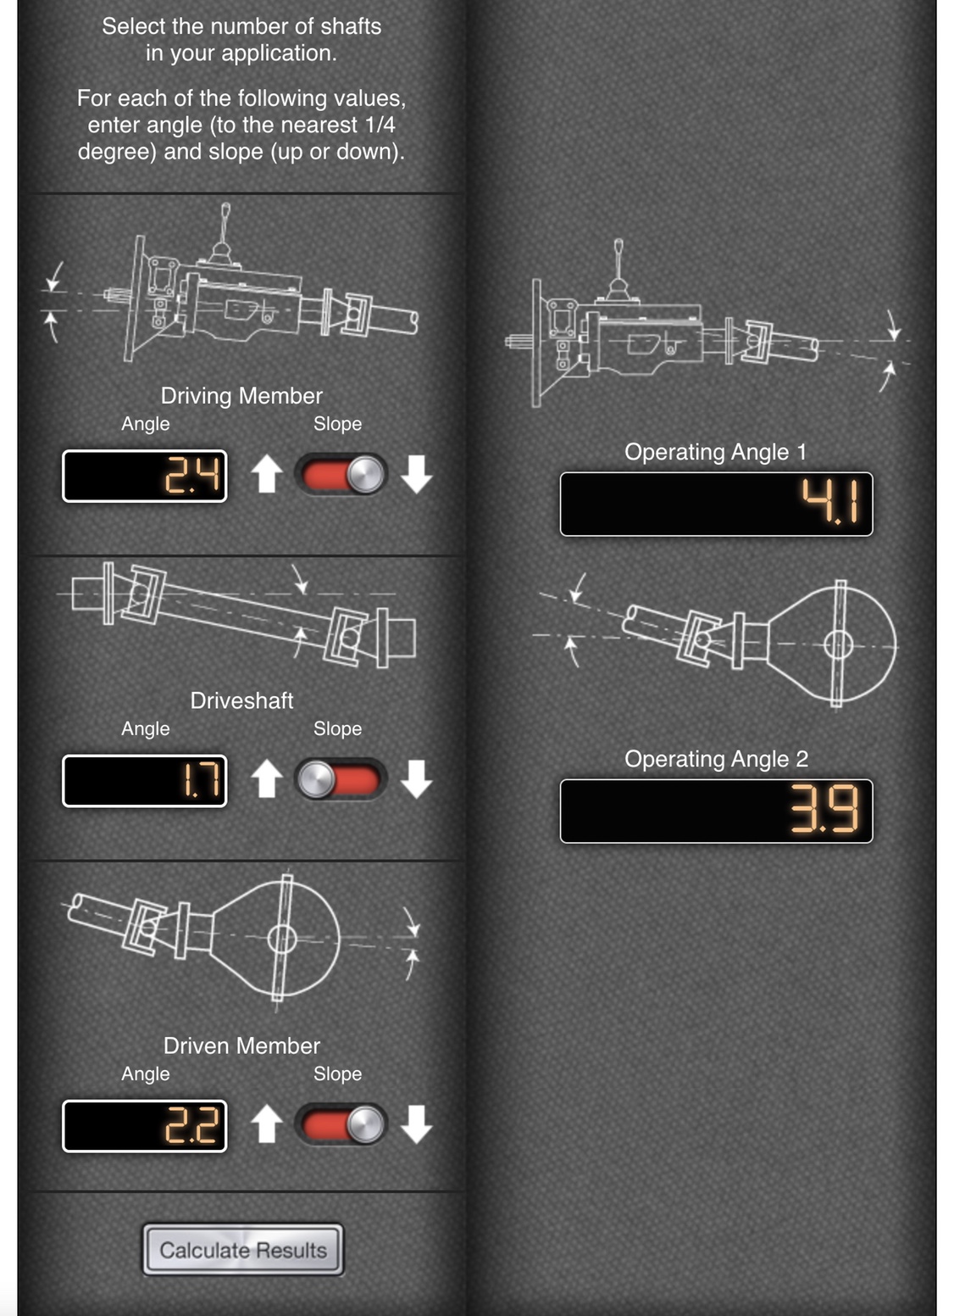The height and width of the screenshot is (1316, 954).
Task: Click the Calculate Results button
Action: (243, 1250)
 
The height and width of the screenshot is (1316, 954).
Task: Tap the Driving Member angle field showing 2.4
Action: (144, 476)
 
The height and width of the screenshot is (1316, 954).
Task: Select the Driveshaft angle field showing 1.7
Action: (144, 781)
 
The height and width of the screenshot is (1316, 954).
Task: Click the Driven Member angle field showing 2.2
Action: (144, 1126)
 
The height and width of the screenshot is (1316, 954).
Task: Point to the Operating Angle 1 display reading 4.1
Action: (716, 504)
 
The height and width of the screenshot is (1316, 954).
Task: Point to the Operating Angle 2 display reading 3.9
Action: (716, 811)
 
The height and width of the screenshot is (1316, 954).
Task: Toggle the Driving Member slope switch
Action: (341, 474)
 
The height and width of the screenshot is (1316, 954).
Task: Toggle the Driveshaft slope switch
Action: (341, 779)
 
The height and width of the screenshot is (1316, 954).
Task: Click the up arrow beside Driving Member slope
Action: (267, 474)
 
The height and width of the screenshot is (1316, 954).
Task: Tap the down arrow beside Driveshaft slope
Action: (416, 779)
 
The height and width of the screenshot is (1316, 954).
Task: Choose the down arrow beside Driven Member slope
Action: (416, 1124)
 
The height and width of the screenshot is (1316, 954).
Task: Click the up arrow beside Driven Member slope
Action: (267, 1124)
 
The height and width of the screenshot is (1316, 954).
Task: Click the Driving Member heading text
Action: (241, 396)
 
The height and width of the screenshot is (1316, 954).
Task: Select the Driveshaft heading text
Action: (241, 700)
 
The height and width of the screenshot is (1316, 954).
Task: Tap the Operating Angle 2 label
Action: (716, 759)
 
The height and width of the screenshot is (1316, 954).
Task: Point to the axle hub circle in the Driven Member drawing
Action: (282, 939)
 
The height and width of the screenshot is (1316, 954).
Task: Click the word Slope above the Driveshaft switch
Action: (337, 728)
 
